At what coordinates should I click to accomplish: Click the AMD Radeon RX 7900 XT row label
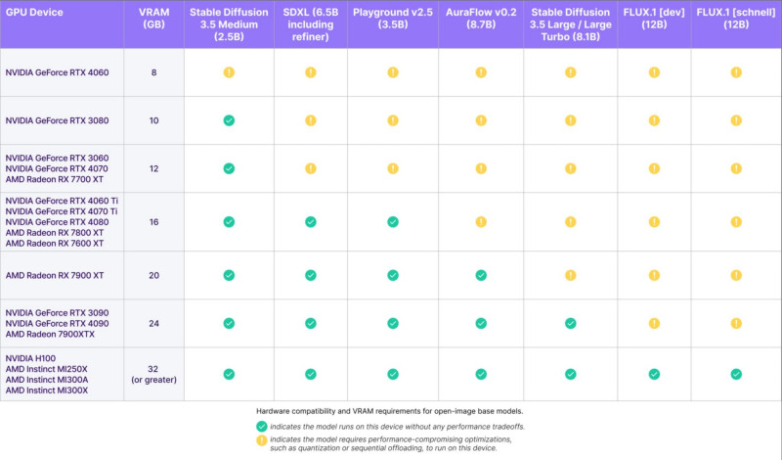tap(55, 275)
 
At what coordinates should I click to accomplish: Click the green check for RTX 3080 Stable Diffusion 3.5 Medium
tap(228, 120)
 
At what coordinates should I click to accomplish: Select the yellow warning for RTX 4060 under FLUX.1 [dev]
tap(654, 72)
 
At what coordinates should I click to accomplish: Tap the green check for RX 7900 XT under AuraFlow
tap(481, 275)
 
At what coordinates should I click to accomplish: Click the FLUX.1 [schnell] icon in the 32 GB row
tap(736, 373)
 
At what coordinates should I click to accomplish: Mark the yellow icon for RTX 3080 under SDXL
tap(310, 120)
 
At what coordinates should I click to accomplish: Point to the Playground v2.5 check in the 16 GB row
tap(393, 222)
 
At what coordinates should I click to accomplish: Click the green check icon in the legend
tap(261, 426)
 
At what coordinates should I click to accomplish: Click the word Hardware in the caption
tap(275, 409)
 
